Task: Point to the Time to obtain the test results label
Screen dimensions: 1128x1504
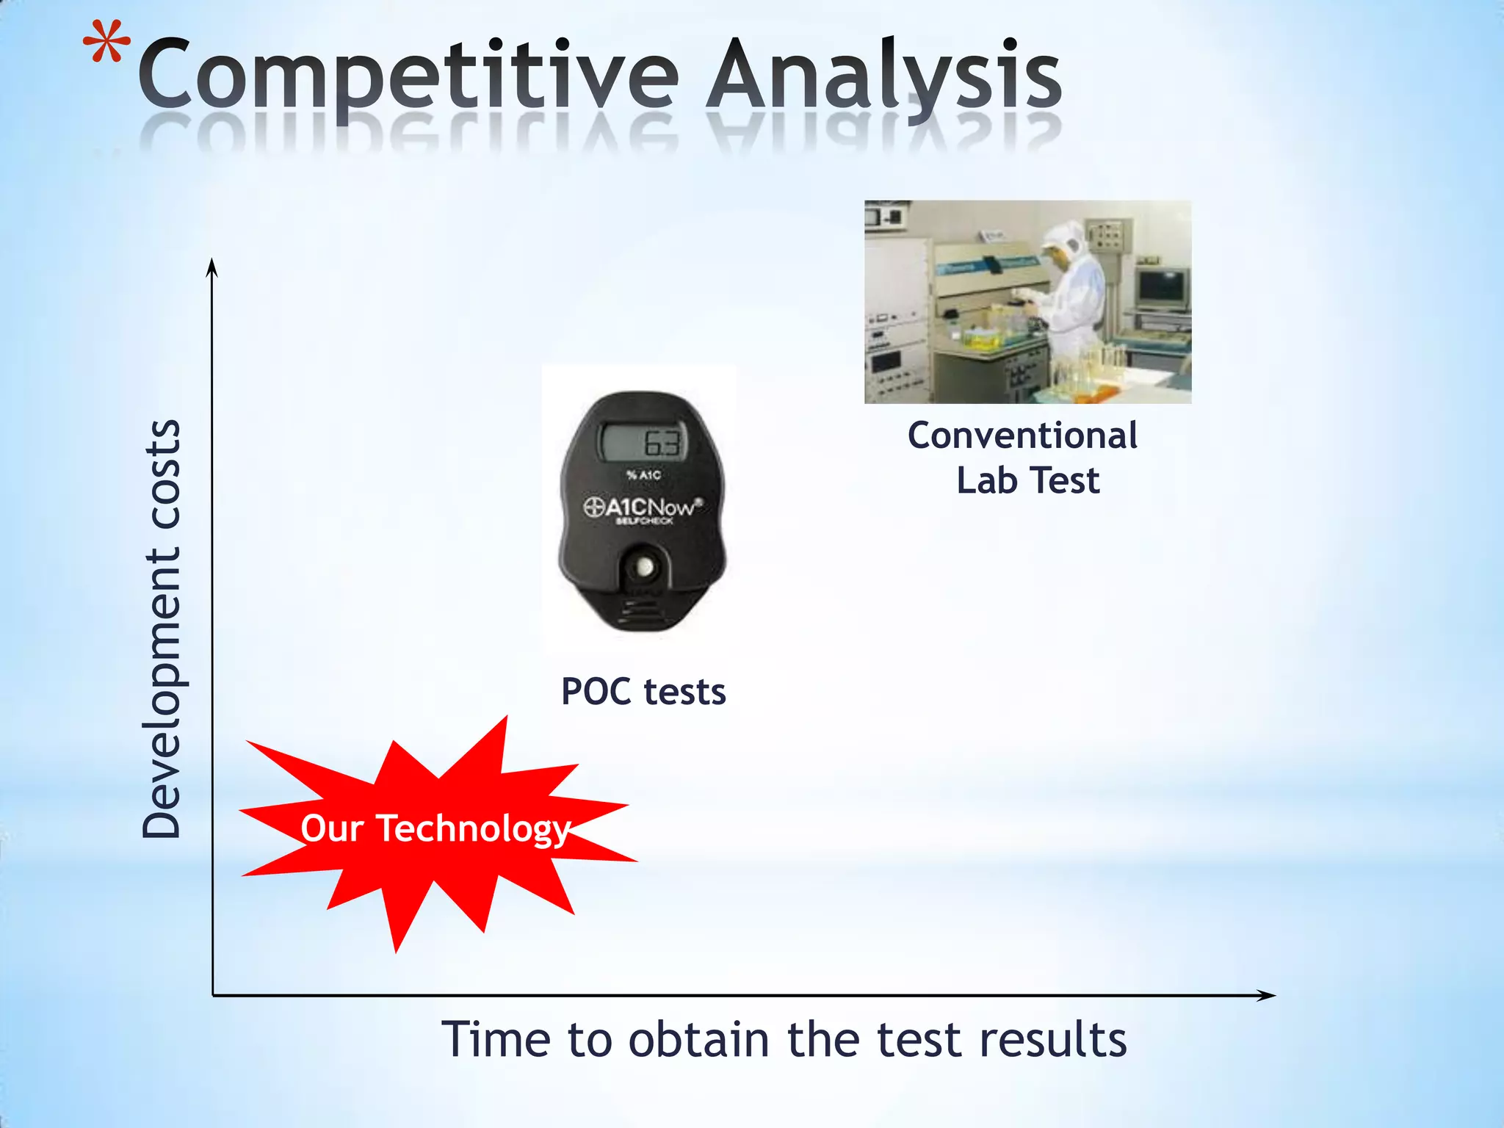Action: pos(784,1039)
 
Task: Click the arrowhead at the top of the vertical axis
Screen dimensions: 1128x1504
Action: pos(212,267)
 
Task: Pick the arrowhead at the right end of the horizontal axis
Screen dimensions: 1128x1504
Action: pos(1265,996)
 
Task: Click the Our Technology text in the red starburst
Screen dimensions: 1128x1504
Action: pos(435,828)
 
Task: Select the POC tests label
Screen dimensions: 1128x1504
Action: pos(643,692)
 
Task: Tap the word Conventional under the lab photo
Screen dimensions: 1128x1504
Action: pos(1022,435)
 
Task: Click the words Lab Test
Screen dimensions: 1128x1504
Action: pos(1027,481)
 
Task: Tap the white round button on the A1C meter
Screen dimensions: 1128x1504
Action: pos(645,567)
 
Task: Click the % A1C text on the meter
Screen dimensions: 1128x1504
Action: pos(644,475)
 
